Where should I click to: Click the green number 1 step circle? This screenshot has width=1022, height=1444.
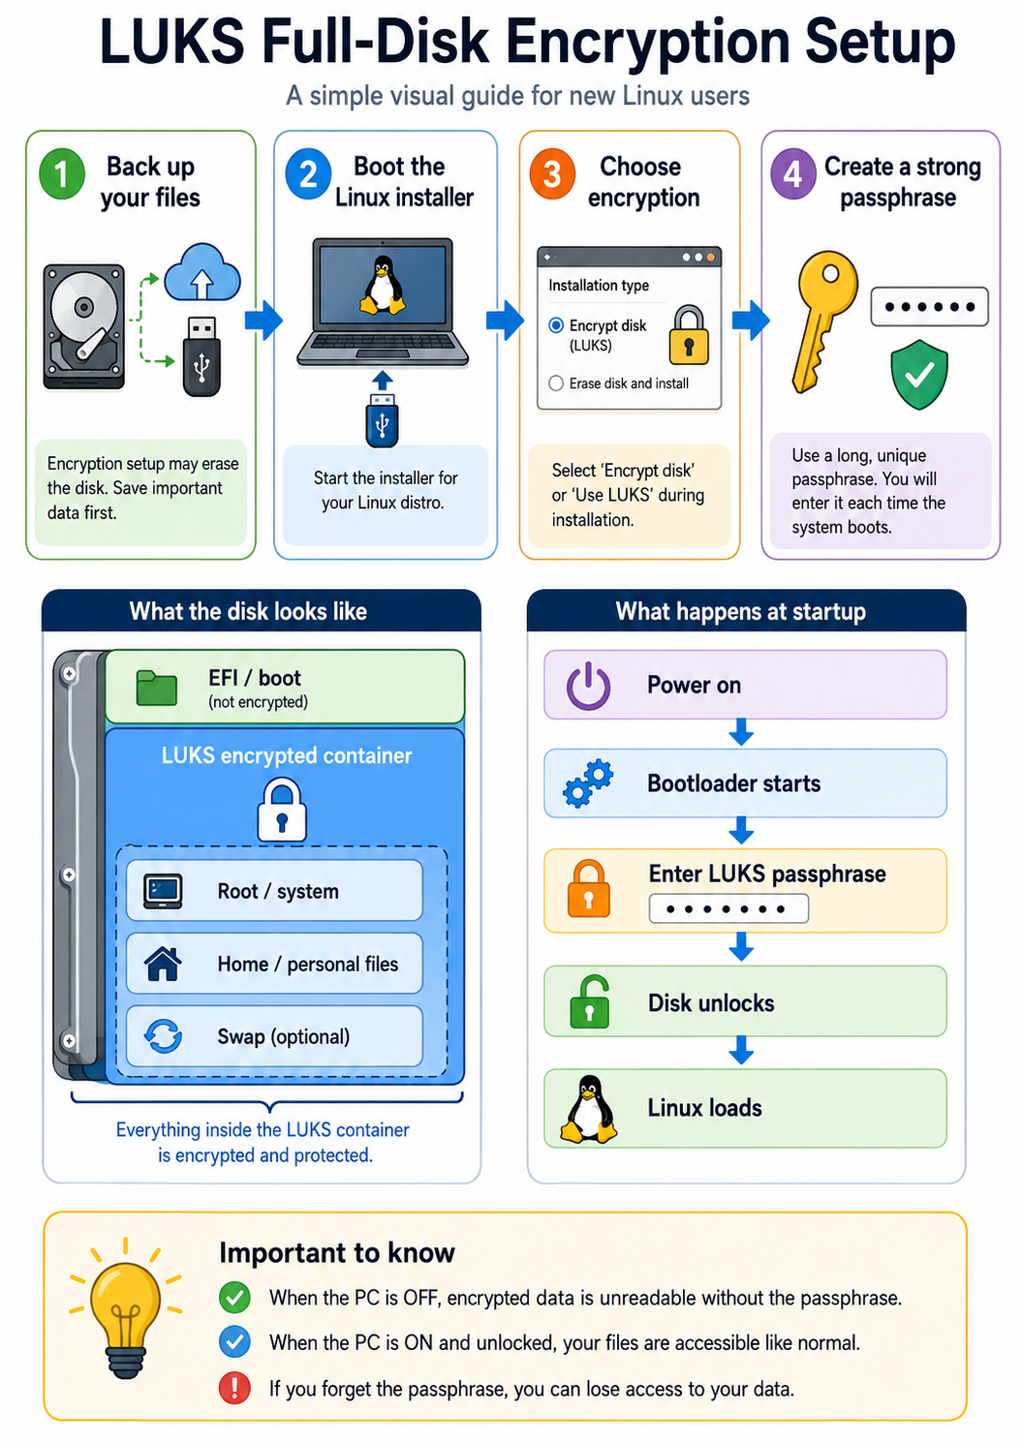coord(62,174)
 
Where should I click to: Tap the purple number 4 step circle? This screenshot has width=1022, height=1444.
coord(793,174)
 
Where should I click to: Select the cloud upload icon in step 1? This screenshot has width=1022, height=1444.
coord(202,272)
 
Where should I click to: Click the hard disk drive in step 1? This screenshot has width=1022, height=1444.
coord(84,326)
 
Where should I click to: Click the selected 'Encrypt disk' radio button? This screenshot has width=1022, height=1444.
coord(556,325)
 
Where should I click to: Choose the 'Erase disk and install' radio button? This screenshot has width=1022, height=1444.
coord(556,384)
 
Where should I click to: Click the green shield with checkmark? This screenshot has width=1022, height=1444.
coord(919,375)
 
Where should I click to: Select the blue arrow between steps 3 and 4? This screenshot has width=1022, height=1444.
coord(751,320)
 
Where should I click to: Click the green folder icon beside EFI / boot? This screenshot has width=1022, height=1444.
coord(157,688)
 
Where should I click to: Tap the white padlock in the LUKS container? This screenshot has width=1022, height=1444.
coord(282,810)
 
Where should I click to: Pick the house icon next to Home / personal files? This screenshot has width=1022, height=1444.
coord(163,964)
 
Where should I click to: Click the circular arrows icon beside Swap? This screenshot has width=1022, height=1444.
coord(163,1036)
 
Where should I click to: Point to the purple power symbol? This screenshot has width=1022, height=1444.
coord(588,686)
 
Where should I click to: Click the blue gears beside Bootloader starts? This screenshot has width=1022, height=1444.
coord(588,783)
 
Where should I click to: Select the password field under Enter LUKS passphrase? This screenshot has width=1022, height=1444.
coord(728,909)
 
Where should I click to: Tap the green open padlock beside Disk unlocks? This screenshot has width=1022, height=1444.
coord(589,1002)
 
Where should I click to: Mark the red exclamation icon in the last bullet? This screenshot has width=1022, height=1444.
coord(234,1388)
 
